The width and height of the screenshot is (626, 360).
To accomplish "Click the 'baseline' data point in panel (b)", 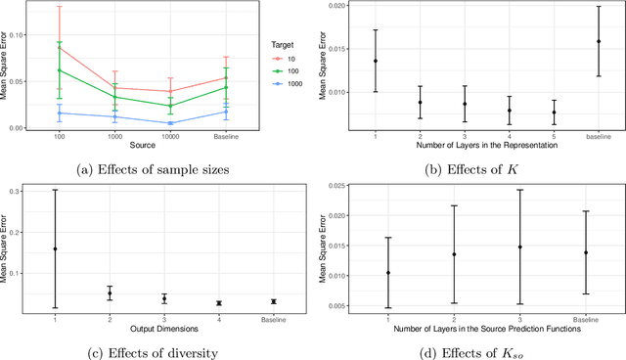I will [599, 41].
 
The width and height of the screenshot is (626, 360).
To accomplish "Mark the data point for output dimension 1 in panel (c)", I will [56, 248].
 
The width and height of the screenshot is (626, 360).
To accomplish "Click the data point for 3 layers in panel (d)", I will [519, 247].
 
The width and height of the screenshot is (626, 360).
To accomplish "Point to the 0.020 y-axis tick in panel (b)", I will [345, 6].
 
